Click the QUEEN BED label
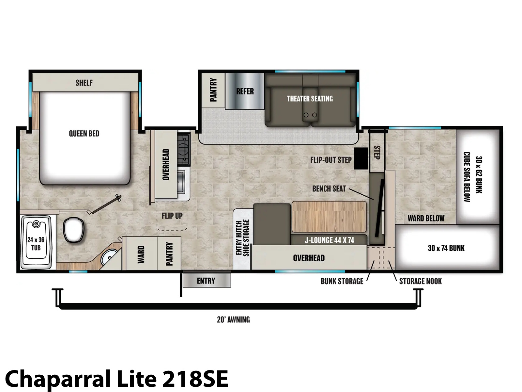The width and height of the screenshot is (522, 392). (x=84, y=133)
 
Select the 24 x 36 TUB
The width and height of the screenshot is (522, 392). (x=36, y=242)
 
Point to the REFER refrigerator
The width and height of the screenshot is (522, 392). (x=245, y=91)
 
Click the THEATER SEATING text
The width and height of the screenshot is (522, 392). (x=310, y=99)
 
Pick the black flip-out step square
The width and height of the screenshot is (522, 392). (x=361, y=158)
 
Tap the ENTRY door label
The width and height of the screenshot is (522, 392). (x=206, y=281)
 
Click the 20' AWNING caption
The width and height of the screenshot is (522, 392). (x=233, y=319)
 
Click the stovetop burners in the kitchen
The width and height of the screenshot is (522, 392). (x=184, y=149)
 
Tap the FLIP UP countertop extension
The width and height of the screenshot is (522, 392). (x=172, y=216)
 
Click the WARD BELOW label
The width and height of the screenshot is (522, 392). (x=426, y=218)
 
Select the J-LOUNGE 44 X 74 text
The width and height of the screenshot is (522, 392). (x=330, y=240)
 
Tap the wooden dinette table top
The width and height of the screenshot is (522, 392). (x=329, y=217)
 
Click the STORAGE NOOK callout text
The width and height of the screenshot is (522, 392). (x=420, y=281)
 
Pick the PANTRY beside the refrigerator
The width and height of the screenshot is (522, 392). (x=213, y=90)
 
